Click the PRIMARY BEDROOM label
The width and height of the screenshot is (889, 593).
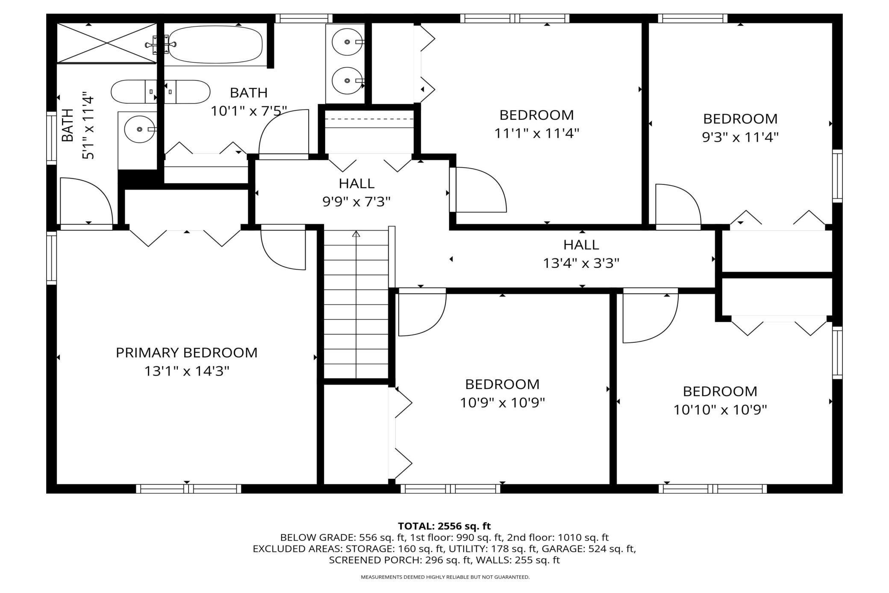187,353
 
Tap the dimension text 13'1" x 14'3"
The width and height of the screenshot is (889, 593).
187,371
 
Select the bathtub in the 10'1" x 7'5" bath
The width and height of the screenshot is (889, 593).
215,44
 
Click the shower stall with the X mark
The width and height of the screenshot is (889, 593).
107,43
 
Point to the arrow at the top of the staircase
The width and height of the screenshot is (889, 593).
356,234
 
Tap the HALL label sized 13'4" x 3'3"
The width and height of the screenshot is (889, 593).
581,245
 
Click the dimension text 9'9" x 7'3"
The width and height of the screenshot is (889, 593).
356,202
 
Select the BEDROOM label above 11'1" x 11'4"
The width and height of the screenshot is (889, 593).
536,115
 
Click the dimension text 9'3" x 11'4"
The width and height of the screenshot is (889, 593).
740,137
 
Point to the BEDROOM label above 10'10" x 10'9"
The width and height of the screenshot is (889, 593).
720,391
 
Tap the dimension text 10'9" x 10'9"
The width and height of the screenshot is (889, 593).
502,403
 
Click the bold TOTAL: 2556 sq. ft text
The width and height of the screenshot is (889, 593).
444,526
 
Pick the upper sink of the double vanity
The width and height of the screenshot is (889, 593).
347,42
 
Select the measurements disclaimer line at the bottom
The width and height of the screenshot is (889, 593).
445,577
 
